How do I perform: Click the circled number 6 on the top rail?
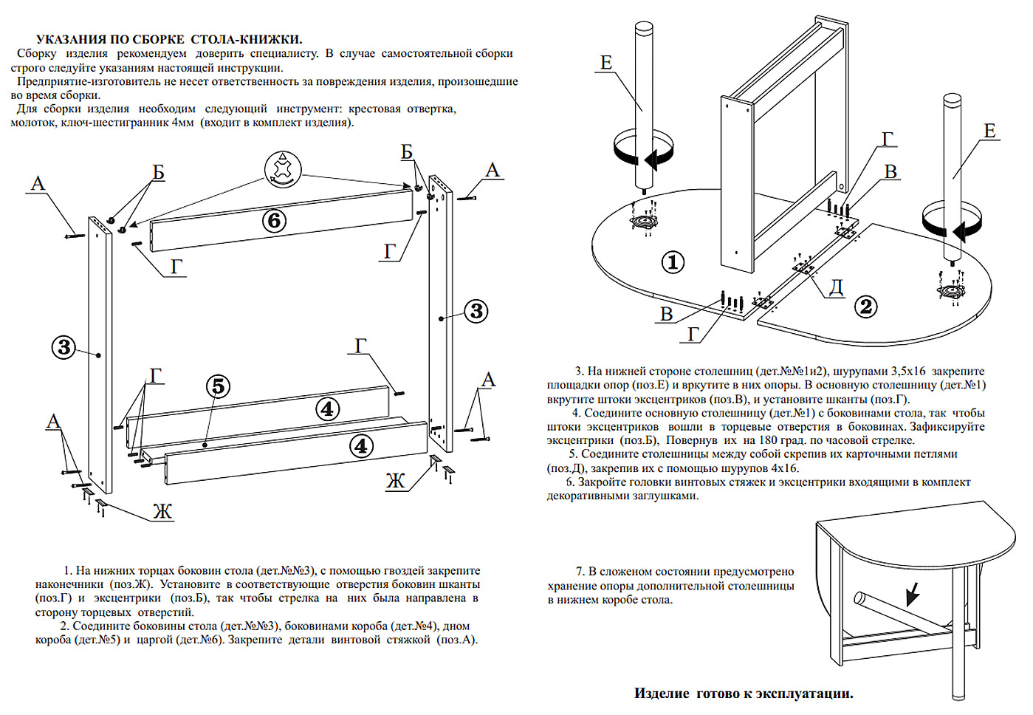(275, 220)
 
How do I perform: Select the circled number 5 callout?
(218, 386)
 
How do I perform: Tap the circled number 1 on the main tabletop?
(673, 261)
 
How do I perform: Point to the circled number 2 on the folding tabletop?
(866, 306)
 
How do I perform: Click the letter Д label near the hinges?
(836, 287)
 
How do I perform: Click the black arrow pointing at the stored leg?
(913, 592)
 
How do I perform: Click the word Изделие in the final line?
(662, 694)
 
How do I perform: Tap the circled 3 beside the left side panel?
(64, 346)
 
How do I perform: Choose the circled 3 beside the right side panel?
(476, 311)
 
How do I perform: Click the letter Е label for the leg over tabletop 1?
(606, 63)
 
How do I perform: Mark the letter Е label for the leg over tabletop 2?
(989, 131)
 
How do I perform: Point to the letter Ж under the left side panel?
(162, 511)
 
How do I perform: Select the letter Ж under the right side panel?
(396, 482)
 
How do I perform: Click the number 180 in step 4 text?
(769, 440)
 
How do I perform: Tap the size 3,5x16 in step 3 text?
(897, 372)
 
